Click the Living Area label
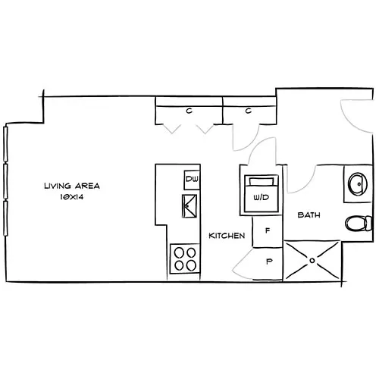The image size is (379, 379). click(72, 185)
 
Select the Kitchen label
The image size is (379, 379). click(227, 236)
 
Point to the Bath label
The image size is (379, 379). click(308, 215)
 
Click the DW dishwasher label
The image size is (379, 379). click(191, 180)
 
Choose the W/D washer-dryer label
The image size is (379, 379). click(261, 197)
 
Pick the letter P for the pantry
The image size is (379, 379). click(269, 262)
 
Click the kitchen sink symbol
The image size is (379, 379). click(190, 205)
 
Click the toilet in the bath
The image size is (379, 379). click(357, 224)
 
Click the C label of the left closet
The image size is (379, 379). click(188, 111)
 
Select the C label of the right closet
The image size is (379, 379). click(248, 111)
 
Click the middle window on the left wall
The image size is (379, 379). click(6, 182)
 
